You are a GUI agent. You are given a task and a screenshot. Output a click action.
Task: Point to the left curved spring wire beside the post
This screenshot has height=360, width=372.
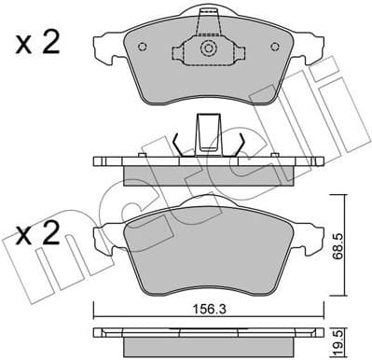tap(179, 142)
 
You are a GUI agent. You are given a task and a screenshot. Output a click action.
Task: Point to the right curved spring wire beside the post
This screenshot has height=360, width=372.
tap(240, 142)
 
